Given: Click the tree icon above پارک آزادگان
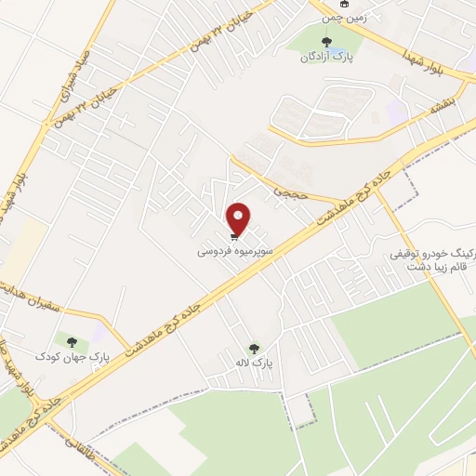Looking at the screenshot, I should tap(325, 41).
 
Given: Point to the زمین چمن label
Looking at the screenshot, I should tap(344, 17).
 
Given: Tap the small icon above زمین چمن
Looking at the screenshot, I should tap(345, 4).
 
